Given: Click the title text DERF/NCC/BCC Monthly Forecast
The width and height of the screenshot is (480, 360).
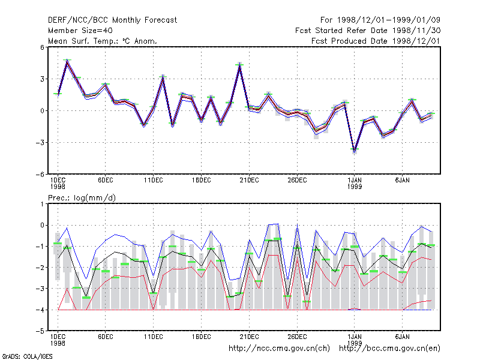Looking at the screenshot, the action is tap(112, 20).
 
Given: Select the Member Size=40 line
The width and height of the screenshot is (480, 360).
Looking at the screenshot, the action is tap(80, 31).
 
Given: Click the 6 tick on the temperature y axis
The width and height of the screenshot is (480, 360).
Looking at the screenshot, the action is tap(42, 47).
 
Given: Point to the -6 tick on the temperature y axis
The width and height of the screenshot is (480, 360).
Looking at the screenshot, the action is tap(40, 175).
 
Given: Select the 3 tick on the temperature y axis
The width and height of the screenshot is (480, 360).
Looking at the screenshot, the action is tap(42, 79).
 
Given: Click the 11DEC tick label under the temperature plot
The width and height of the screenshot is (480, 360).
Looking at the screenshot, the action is tap(154, 181).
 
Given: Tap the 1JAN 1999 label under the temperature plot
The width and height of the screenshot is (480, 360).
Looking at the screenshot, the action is tap(355, 184).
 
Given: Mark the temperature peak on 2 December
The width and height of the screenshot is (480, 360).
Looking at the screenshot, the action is tap(67, 61).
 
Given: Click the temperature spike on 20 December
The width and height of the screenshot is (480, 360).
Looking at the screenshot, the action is tap(239, 65).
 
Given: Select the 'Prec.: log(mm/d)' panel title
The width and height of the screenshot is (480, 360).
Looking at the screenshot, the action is tap(82, 198).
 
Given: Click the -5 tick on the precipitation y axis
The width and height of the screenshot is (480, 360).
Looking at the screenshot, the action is tap(40, 331).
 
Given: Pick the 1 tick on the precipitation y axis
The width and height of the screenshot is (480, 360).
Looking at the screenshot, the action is tap(42, 204).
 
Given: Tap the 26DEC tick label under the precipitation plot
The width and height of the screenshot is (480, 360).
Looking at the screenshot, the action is tap(297, 337).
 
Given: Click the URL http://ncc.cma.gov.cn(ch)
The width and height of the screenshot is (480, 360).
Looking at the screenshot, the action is tap(279, 349).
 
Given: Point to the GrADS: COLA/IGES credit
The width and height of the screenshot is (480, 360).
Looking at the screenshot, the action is tap(27, 356).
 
